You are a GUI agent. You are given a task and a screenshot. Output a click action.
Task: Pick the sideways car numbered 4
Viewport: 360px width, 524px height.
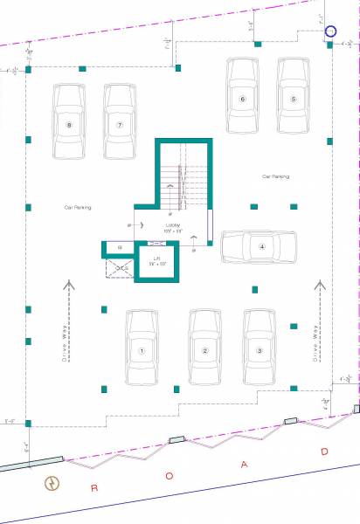point(259,246)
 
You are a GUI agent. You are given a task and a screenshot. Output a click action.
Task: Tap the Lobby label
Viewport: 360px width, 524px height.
point(173,226)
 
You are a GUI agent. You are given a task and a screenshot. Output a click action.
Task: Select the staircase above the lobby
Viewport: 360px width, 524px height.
point(185,179)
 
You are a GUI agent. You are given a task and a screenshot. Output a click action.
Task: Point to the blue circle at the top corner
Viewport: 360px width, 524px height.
point(331,31)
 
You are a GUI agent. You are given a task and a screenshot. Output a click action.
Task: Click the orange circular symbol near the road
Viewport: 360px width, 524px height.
point(52,483)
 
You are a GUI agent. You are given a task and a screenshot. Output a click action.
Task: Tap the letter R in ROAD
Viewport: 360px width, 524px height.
point(94,487)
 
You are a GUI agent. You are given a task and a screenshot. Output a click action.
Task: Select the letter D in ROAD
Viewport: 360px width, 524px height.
point(324,452)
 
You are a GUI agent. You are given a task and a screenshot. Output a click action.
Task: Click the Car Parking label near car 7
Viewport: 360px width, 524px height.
point(78,208)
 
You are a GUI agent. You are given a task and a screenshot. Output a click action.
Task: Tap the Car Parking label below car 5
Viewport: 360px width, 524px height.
point(276,176)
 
